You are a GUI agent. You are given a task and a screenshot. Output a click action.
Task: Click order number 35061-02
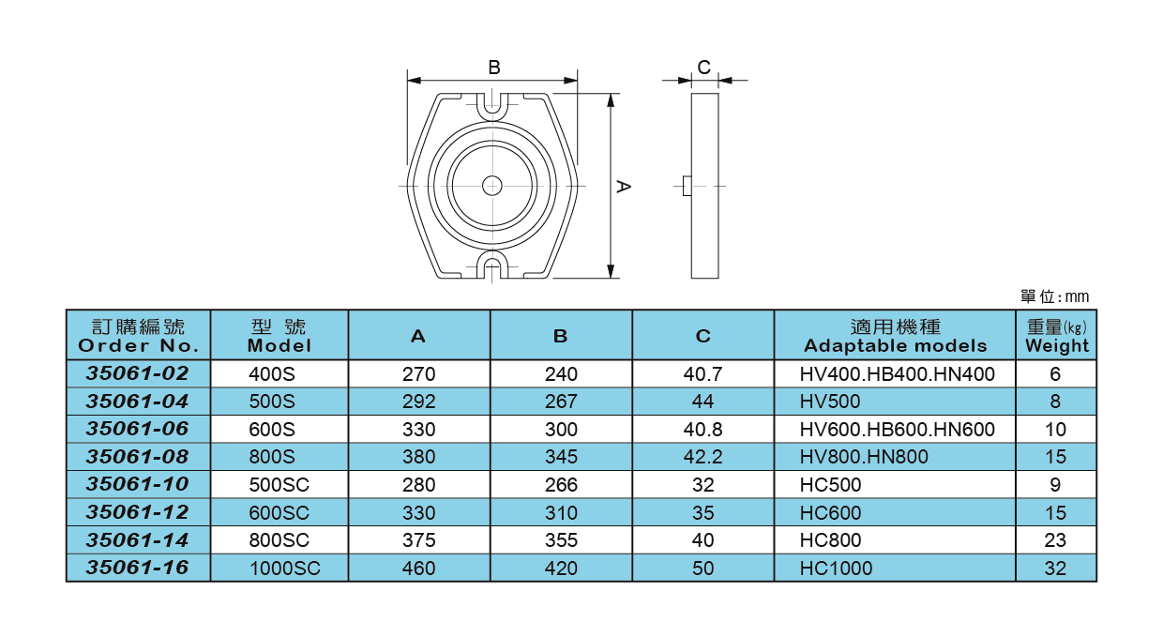coord(137,373)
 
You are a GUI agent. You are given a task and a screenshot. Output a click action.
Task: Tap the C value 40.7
coord(702,374)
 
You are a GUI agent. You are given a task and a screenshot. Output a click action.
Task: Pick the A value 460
coord(418,569)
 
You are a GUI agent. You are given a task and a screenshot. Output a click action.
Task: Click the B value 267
coord(561,402)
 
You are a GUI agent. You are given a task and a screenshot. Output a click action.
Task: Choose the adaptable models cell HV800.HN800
coord(864,457)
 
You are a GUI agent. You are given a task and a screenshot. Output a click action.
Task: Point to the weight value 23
coord(1055,540)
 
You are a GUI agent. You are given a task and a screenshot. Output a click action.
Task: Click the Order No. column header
coord(138,335)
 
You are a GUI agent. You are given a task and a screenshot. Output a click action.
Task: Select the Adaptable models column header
coord(895,335)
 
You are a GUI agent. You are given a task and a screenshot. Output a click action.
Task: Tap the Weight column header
coord(1056,335)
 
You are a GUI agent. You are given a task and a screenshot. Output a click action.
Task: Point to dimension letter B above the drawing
coord(493,68)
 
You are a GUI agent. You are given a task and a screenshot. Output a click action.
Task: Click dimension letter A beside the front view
coord(622,187)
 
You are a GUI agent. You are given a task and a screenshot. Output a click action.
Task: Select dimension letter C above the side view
coord(704,67)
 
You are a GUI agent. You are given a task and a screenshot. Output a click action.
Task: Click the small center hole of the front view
coord(491,186)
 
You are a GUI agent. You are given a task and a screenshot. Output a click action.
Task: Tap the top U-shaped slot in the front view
coord(492,106)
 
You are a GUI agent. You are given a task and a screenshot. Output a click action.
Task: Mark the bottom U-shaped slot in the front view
coord(492,265)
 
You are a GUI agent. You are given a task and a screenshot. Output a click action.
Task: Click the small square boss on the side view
coord(687,186)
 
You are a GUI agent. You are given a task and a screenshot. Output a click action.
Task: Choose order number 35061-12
coord(137,512)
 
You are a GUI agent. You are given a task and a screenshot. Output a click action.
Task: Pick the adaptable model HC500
coord(830,485)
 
